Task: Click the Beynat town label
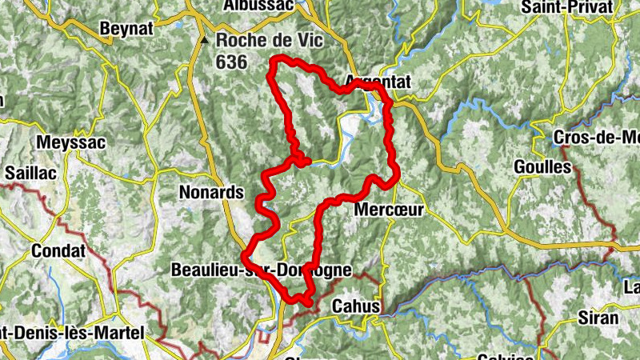tap(125, 29)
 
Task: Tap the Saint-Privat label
tap(566, 7)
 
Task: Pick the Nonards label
tap(210, 193)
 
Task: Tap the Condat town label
tap(58, 250)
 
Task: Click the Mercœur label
tap(387, 210)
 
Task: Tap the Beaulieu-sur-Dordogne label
tap(261, 270)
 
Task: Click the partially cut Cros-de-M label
tap(596, 137)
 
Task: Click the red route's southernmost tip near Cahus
tap(307, 302)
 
